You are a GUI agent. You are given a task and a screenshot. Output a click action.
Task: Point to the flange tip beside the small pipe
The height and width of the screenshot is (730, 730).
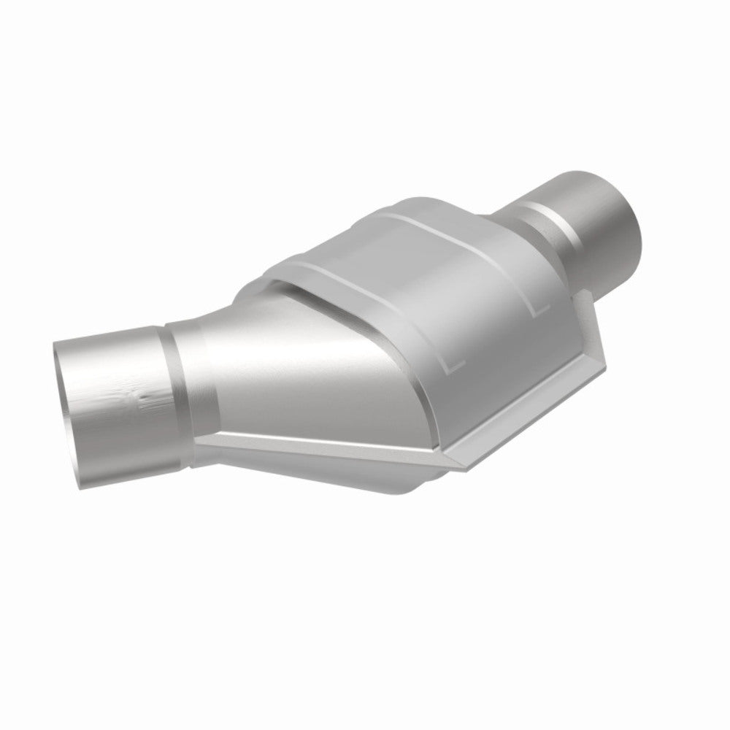point(584,296)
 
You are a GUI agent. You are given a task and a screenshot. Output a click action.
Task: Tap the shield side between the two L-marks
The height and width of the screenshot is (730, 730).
point(496,328)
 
